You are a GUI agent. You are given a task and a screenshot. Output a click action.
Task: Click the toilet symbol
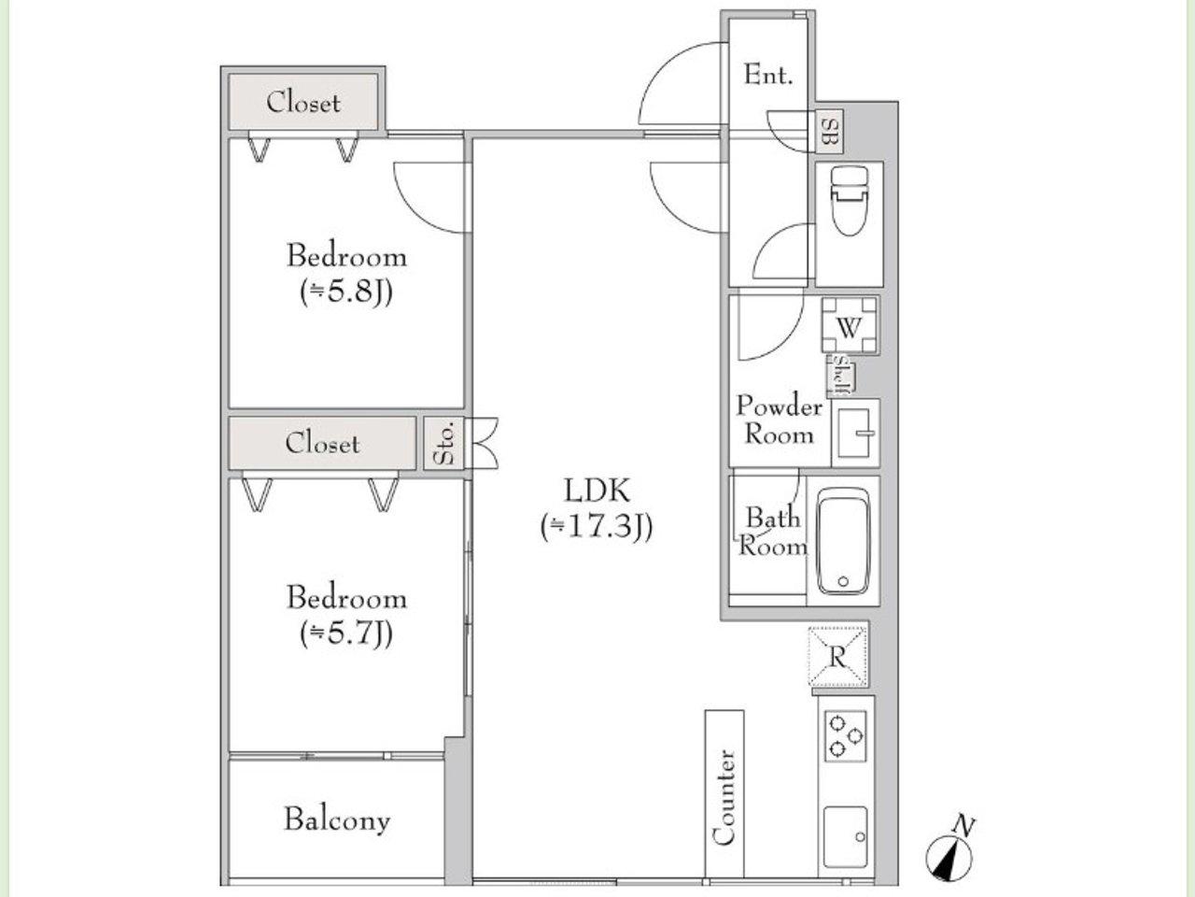[849, 200]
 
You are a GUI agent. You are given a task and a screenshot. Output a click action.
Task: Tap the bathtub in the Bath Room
[844, 541]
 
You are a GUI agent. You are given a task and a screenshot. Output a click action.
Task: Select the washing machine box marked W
[849, 326]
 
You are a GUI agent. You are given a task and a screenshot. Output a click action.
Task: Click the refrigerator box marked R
[837, 656]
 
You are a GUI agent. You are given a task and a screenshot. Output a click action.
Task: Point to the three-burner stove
[846, 736]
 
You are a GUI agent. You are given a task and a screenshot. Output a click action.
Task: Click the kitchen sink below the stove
[846, 836]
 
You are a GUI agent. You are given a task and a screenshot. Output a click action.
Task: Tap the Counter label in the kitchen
[724, 798]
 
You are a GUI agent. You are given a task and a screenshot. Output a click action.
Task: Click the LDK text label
[597, 491]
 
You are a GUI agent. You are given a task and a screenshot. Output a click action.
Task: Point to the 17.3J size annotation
[597, 527]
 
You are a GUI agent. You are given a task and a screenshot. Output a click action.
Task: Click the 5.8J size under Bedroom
[346, 292]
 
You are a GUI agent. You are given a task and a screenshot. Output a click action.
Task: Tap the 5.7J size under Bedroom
[346, 634]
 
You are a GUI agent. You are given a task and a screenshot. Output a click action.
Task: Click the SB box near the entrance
[831, 131]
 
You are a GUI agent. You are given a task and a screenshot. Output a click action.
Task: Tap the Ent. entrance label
[768, 75]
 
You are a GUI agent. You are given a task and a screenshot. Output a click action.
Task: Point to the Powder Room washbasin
[855, 433]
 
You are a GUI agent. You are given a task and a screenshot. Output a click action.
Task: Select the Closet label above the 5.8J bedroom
[303, 103]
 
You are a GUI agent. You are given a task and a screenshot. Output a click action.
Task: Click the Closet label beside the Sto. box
[322, 443]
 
